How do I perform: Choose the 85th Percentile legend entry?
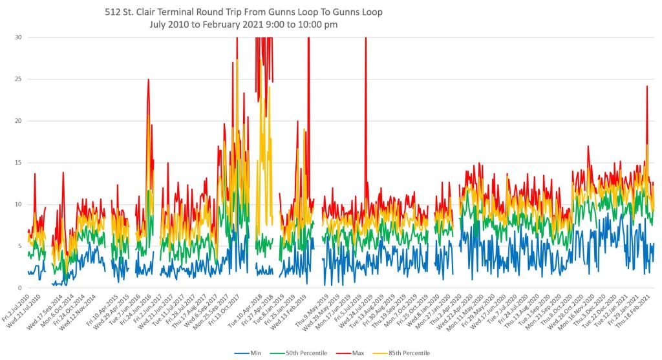pos(407,353)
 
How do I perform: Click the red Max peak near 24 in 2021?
pos(646,86)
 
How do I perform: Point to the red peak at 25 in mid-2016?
pos(149,79)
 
